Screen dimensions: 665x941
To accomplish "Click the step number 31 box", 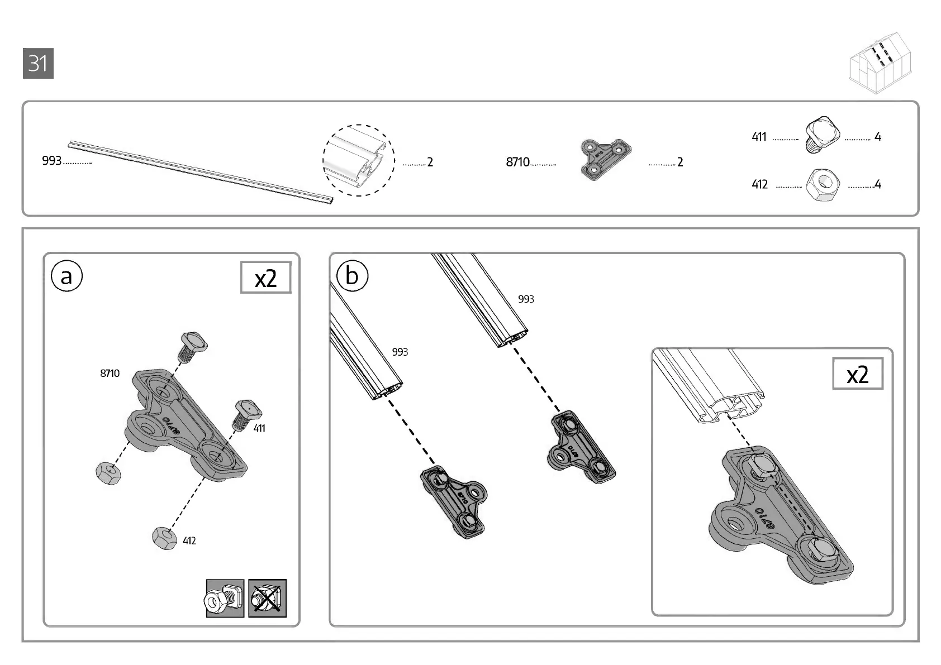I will click(x=38, y=64).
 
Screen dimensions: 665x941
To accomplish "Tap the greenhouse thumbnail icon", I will click(x=880, y=62).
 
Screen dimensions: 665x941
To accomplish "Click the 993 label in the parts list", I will click(x=51, y=161).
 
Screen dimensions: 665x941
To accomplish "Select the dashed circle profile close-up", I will click(x=359, y=160).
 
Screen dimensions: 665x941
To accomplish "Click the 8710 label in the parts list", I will click(x=517, y=162).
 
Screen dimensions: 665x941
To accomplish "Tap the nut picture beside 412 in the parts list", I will click(x=823, y=184).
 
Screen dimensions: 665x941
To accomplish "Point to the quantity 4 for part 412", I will click(x=877, y=184).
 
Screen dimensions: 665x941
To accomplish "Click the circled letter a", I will click(x=66, y=276).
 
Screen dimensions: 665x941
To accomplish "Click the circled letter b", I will click(x=352, y=276).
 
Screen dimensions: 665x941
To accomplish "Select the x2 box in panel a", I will click(x=265, y=278).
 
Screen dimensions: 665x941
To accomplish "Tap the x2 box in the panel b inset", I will click(x=857, y=374).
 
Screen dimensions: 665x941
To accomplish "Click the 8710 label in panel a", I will click(x=110, y=373).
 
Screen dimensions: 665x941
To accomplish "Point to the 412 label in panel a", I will click(x=189, y=540).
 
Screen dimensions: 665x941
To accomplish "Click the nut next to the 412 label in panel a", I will click(x=162, y=537).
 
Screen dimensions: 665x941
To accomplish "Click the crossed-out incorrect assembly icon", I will click(x=267, y=598).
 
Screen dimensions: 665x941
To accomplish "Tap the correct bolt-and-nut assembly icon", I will click(x=225, y=598).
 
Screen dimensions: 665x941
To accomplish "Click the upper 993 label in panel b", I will click(x=526, y=299).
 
